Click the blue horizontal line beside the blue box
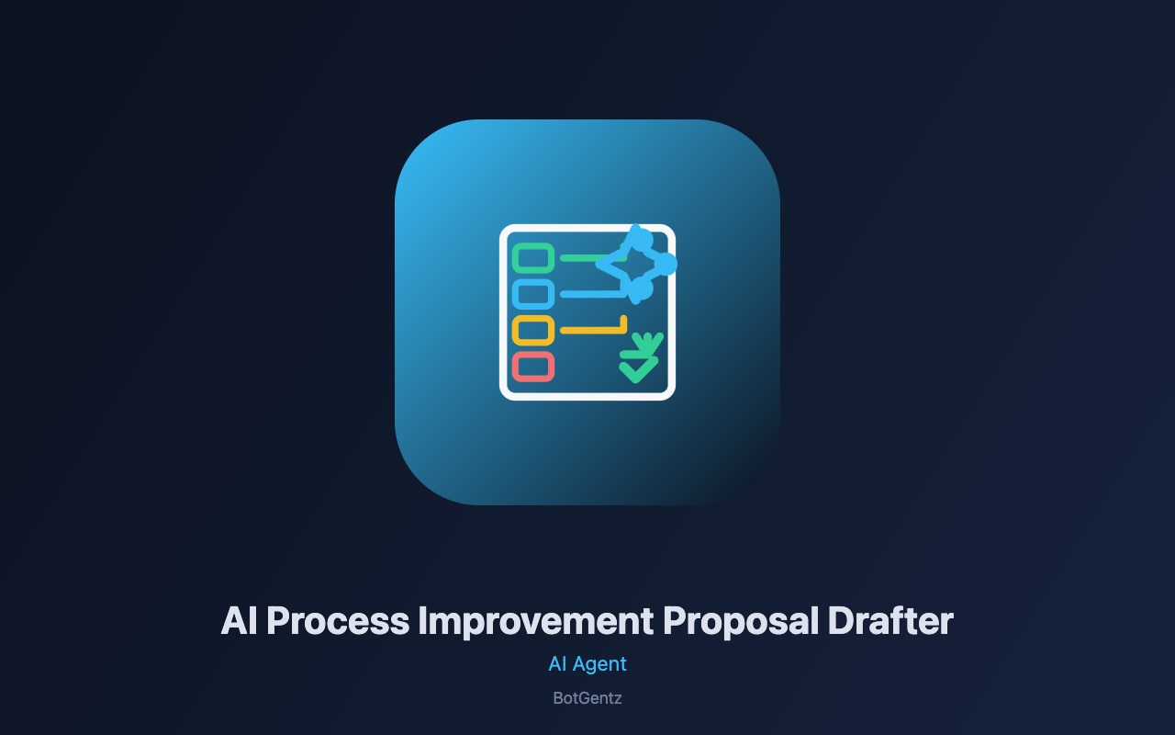pyautogui.click(x=593, y=295)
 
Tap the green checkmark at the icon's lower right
pyautogui.click(x=638, y=369)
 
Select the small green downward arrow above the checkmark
pyautogui.click(x=642, y=345)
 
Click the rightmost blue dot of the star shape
pyautogui.click(x=666, y=264)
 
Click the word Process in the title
pyautogui.click(x=338, y=621)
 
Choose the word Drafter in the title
pyautogui.click(x=890, y=621)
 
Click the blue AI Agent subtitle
pyautogui.click(x=587, y=664)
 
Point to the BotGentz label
pyautogui.click(x=587, y=698)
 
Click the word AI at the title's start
pyautogui.click(x=240, y=621)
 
